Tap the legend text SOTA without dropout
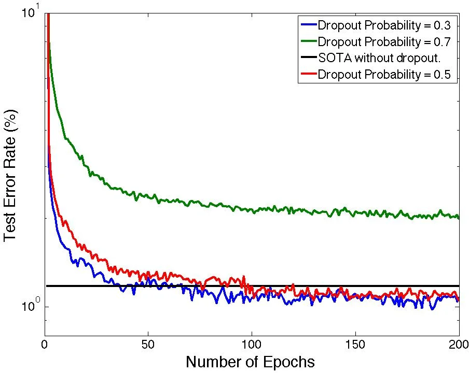coord(379,58)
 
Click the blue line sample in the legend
coord(308,24)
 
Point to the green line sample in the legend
coord(308,41)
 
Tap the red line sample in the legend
coord(308,74)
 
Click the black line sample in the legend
coord(308,58)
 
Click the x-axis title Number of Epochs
coord(250,362)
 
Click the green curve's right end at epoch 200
coord(459,217)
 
